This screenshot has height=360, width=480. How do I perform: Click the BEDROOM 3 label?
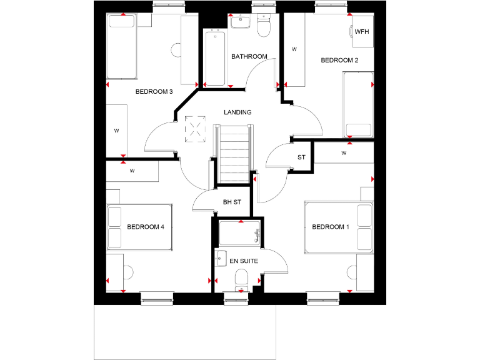tap(154, 92)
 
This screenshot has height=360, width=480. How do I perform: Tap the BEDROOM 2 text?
tap(339, 61)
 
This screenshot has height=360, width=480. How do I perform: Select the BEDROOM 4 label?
tap(145, 227)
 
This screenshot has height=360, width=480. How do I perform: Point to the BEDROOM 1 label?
tap(331, 227)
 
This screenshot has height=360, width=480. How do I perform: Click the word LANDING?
tap(237, 112)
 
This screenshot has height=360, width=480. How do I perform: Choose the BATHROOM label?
tap(249, 57)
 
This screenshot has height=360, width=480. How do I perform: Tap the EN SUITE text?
tap(244, 261)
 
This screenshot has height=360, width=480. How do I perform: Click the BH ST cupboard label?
tap(232, 202)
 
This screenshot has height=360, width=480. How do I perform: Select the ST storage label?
tap(301, 157)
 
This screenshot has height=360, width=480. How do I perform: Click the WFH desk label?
tap(362, 31)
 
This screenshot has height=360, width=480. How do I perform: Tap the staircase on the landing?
tap(234, 154)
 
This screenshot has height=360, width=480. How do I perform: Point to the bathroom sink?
tap(239, 22)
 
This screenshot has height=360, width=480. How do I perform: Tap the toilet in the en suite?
tap(240, 279)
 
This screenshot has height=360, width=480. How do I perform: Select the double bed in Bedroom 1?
tap(339, 227)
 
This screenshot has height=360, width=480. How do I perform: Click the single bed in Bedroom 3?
tap(122, 47)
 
